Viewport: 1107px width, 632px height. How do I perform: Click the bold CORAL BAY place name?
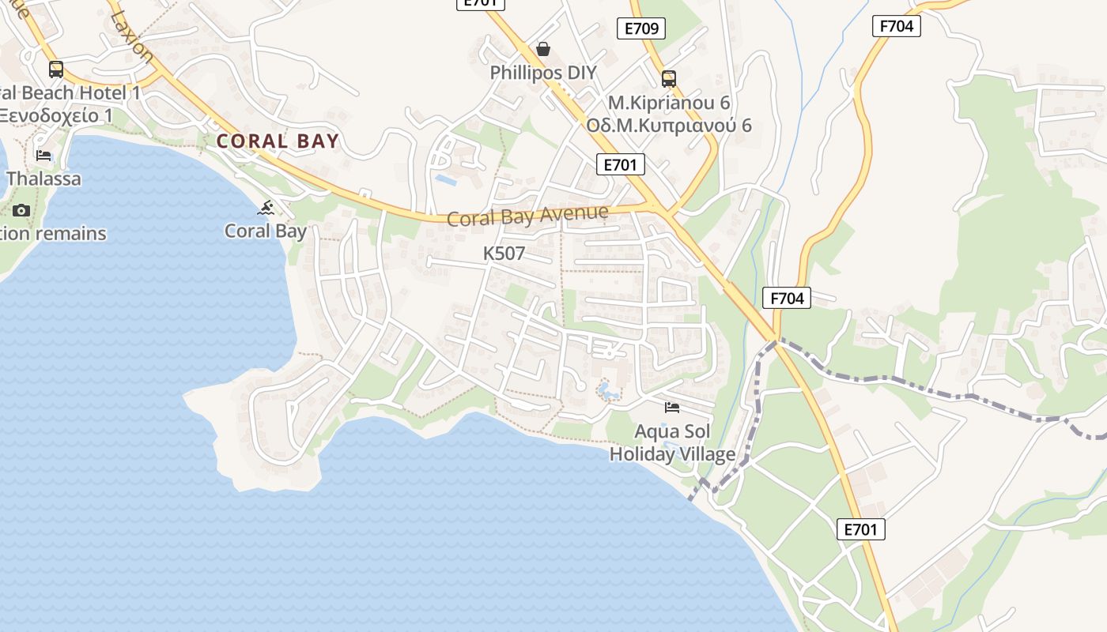(278, 141)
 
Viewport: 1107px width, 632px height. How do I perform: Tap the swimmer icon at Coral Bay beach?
(266, 208)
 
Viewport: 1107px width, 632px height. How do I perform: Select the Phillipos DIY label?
(543, 73)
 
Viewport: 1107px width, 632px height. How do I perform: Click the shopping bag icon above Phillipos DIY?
(543, 49)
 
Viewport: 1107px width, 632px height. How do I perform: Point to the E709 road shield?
(640, 29)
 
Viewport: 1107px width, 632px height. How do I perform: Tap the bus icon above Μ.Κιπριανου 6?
(669, 78)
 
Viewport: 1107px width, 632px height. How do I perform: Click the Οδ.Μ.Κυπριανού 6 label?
(669, 126)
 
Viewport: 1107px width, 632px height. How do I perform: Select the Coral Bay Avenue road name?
(527, 215)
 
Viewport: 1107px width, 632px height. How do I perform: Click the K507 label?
(504, 254)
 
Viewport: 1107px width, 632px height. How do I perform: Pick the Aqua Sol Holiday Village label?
(672, 443)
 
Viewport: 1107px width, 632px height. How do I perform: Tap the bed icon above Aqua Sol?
(672, 408)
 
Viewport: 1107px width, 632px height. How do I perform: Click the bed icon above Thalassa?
(43, 155)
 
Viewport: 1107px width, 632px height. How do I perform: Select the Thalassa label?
(43, 179)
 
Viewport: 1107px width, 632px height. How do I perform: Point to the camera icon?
(21, 210)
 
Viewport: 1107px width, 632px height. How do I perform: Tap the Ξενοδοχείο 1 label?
(55, 115)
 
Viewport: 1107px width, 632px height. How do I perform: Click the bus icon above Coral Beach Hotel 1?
(55, 69)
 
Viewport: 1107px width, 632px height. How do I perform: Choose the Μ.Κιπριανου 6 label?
(669, 103)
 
